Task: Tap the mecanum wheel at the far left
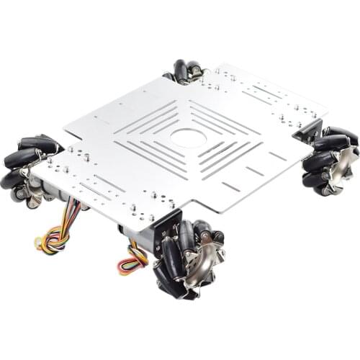(31, 168)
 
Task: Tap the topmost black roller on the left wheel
(40, 142)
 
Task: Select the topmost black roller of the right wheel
(339, 133)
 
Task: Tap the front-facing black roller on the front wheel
(173, 259)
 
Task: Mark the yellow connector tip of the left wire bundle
(37, 243)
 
